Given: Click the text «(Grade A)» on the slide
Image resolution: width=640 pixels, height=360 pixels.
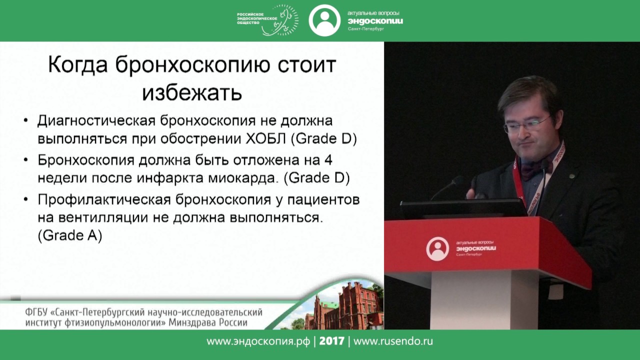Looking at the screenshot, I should click(70, 235).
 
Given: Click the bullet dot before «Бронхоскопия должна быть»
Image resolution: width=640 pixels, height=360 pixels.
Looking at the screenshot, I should click(26, 161).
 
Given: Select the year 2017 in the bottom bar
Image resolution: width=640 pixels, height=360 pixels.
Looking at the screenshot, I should click(332, 341).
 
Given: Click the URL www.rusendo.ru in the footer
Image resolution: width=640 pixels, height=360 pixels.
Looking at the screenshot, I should click(393, 341).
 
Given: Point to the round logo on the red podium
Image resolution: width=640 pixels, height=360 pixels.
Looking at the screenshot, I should click(437, 248).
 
